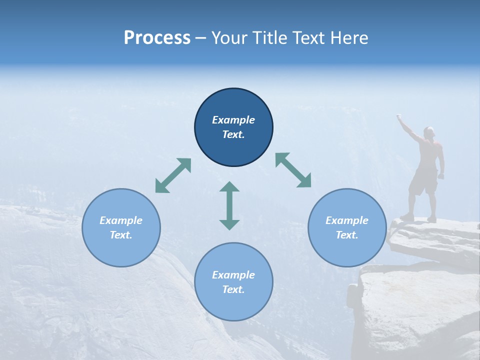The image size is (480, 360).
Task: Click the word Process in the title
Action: coord(157,38)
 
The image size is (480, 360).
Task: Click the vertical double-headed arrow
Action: coord(229,205)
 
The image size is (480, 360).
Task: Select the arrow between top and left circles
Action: coord(173,175)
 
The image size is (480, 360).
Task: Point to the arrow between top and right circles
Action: coord(293,170)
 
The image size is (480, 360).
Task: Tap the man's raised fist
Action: coord(399,117)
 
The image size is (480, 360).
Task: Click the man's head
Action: coord(428,132)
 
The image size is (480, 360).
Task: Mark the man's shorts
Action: coord(423,182)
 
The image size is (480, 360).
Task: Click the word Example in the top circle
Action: coord(233,120)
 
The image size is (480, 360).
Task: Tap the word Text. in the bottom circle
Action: coord(233,289)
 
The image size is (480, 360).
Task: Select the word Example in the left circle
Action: coord(121,220)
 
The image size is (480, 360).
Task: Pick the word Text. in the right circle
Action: coord(347,235)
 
